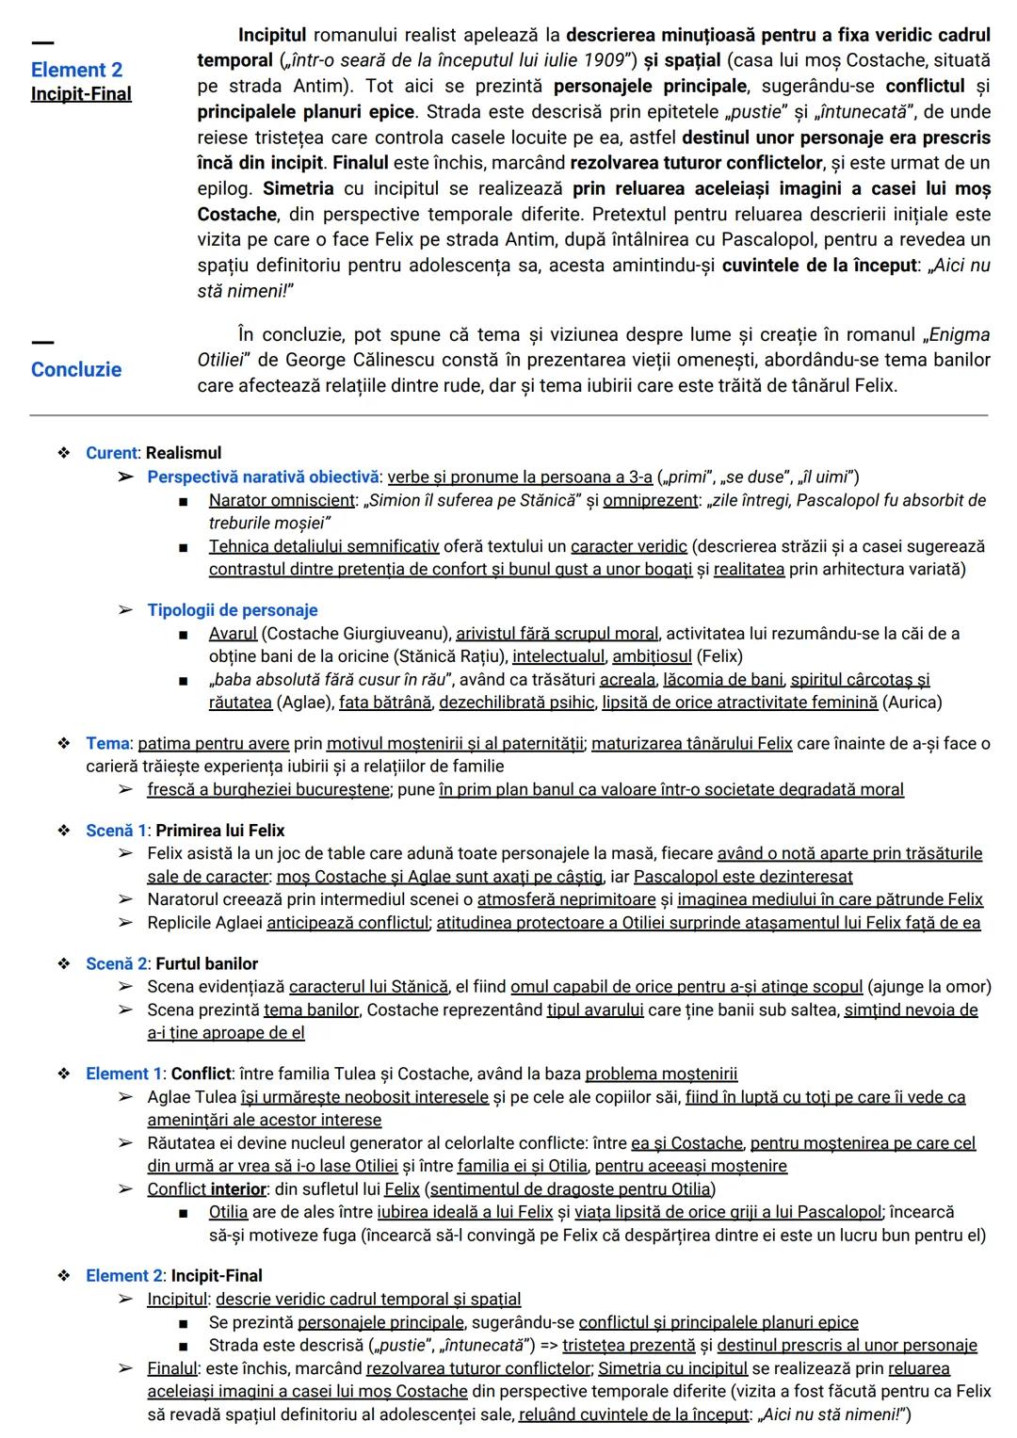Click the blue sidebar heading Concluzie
(75, 369)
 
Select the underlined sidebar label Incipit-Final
(81, 94)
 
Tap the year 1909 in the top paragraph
(603, 61)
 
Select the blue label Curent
(111, 453)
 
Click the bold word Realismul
(184, 453)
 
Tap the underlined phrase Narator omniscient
(282, 500)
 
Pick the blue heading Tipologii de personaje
(232, 610)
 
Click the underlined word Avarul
(233, 634)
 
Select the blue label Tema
(107, 744)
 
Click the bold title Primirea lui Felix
(219, 831)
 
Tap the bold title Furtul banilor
(206, 963)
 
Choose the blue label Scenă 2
(117, 963)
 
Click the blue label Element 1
(117, 1074)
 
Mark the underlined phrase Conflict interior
(206, 1189)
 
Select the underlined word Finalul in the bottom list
(172, 1368)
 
